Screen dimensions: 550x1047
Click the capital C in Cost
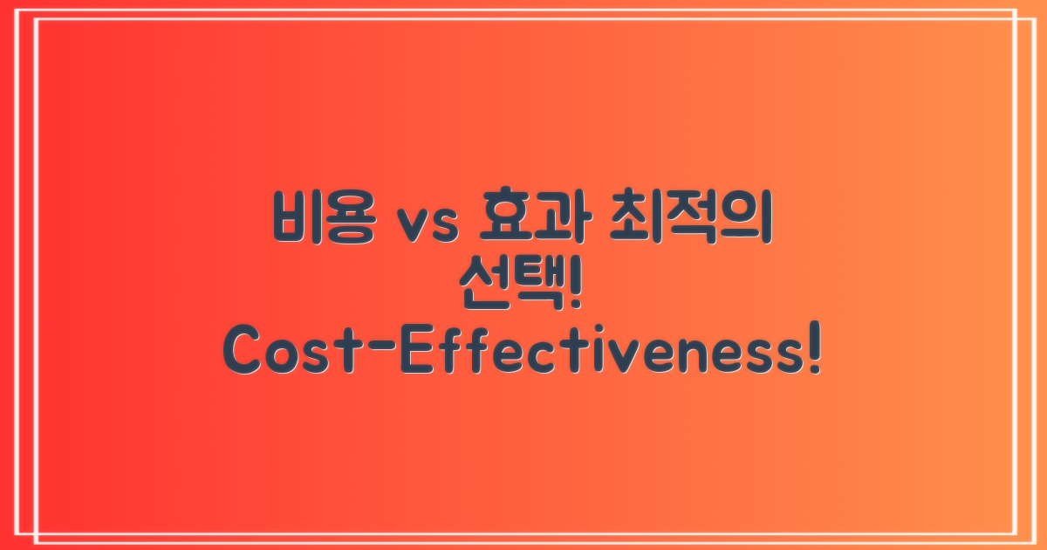(245, 354)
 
